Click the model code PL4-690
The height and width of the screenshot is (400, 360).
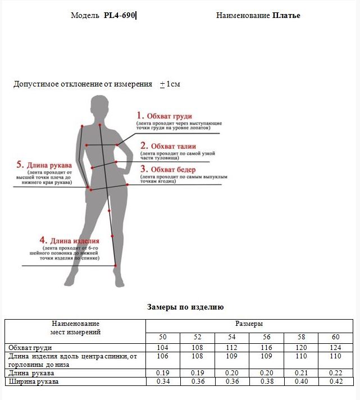coord(120,16)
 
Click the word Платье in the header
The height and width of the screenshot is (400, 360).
coord(286,16)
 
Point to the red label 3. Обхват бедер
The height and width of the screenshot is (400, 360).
coord(168,169)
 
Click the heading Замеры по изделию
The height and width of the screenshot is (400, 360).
coord(185,307)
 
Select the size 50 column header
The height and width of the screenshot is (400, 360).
coord(163,337)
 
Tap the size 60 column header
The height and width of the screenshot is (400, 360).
coord(336,337)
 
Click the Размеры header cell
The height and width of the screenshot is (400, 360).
coord(249,324)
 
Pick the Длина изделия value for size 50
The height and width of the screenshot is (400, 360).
coord(163,356)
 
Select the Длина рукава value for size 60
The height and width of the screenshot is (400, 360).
coord(336,373)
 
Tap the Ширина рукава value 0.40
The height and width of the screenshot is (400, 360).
coord(301,382)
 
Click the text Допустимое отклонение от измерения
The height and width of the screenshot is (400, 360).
coord(83,84)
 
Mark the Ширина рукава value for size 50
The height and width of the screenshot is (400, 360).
coord(163,382)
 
